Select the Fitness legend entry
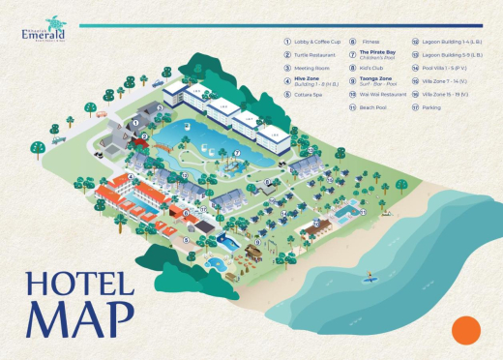[370, 42]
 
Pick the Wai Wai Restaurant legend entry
[384, 95]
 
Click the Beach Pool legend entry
[373, 107]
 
